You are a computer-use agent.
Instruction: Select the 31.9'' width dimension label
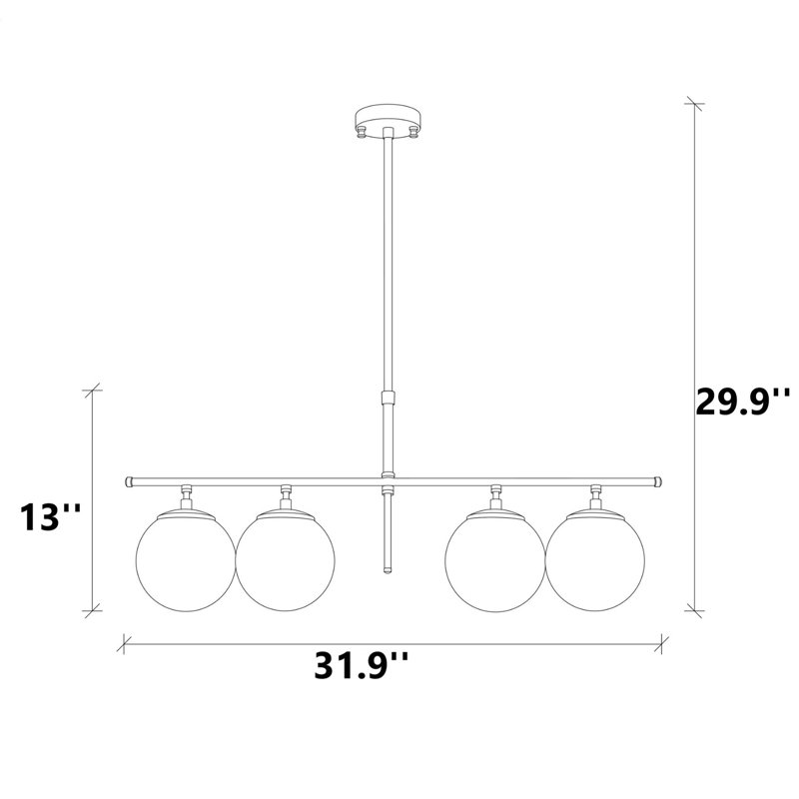tap(361, 665)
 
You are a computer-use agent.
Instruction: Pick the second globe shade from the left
tap(285, 561)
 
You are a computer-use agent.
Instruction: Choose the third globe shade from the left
tap(495, 561)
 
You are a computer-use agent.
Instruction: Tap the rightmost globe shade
tap(596, 561)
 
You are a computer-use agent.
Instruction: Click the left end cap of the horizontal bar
tap(130, 482)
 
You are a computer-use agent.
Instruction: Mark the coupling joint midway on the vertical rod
tap(388, 397)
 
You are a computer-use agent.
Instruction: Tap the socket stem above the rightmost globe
tap(596, 496)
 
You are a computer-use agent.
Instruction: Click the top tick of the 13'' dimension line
tap(95, 392)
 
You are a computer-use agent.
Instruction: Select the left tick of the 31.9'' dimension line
tap(124, 644)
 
